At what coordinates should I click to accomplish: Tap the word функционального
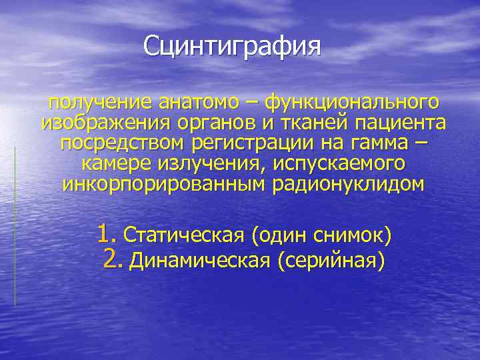click(353, 103)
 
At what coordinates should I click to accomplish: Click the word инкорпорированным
click(165, 185)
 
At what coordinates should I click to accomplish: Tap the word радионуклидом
click(347, 185)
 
